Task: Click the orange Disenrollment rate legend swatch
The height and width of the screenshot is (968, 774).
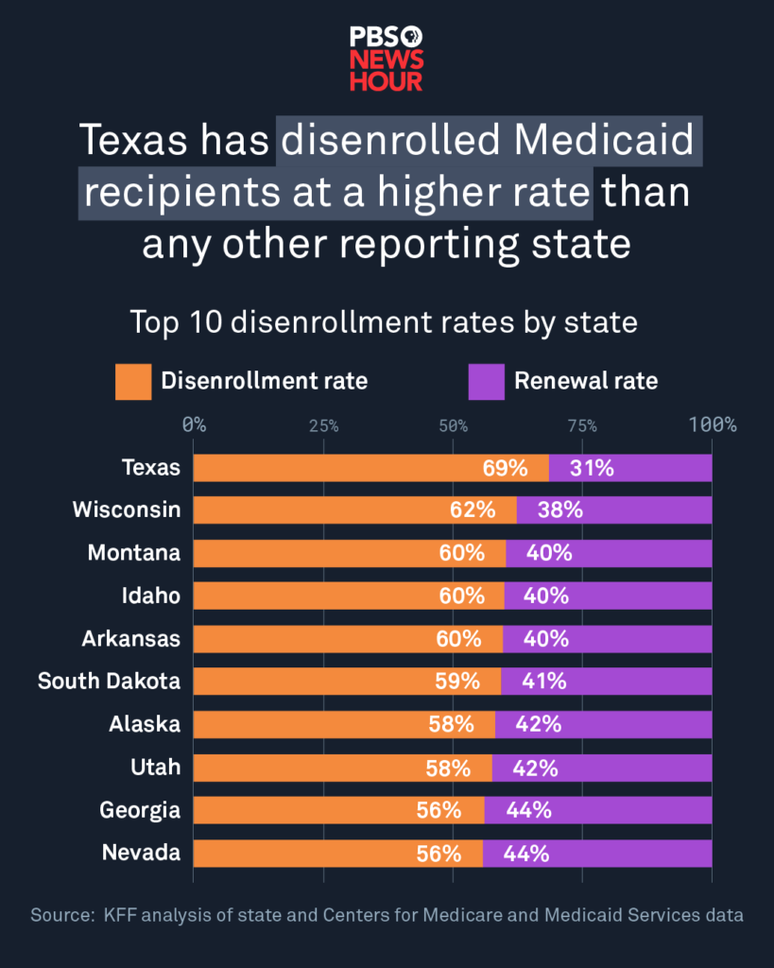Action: pyautogui.click(x=133, y=382)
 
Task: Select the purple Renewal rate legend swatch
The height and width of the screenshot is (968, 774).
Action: pyautogui.click(x=487, y=382)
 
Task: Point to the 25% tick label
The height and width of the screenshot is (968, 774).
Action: pyautogui.click(x=323, y=425)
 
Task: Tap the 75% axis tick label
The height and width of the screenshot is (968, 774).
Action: pyautogui.click(x=582, y=425)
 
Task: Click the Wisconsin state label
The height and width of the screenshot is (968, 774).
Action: pyautogui.click(x=126, y=510)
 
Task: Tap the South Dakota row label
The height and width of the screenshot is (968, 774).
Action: pyautogui.click(x=109, y=681)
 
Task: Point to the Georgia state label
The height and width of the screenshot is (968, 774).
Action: pyautogui.click(x=140, y=810)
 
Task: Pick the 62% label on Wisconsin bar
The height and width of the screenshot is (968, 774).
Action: pyautogui.click(x=473, y=510)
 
